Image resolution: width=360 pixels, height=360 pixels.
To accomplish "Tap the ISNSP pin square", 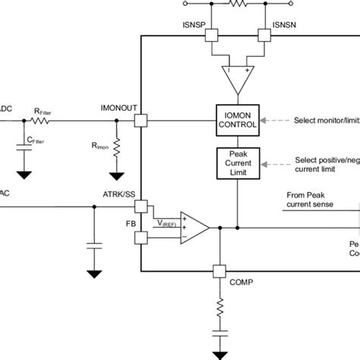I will (x=213, y=35).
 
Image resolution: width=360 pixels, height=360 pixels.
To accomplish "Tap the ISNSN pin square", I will (x=264, y=35).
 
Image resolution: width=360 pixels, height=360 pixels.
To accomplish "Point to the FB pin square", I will (x=142, y=238).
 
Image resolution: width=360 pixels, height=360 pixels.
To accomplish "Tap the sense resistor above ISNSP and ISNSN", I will (x=238, y=3).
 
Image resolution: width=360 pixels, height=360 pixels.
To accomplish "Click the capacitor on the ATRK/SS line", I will (x=94, y=245).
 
